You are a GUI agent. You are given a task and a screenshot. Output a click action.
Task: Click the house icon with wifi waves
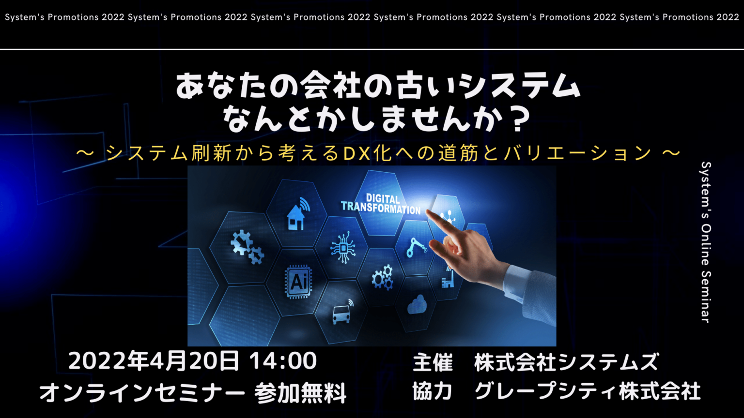298,214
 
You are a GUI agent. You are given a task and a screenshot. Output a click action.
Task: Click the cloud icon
417,304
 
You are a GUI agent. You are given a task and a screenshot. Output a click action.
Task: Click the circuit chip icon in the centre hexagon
343,248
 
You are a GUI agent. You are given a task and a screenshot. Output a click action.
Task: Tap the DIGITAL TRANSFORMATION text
381,204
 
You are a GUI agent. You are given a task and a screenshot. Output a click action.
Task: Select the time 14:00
283,361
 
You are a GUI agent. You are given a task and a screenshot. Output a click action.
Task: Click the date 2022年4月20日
154,361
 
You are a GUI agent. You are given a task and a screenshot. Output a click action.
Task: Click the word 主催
433,362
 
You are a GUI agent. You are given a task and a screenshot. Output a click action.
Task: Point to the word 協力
433,392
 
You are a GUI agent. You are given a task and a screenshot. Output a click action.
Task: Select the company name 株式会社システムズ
567,362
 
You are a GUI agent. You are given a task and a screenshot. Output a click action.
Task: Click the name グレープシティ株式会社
588,392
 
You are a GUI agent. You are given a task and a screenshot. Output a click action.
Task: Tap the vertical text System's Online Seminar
706,242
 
